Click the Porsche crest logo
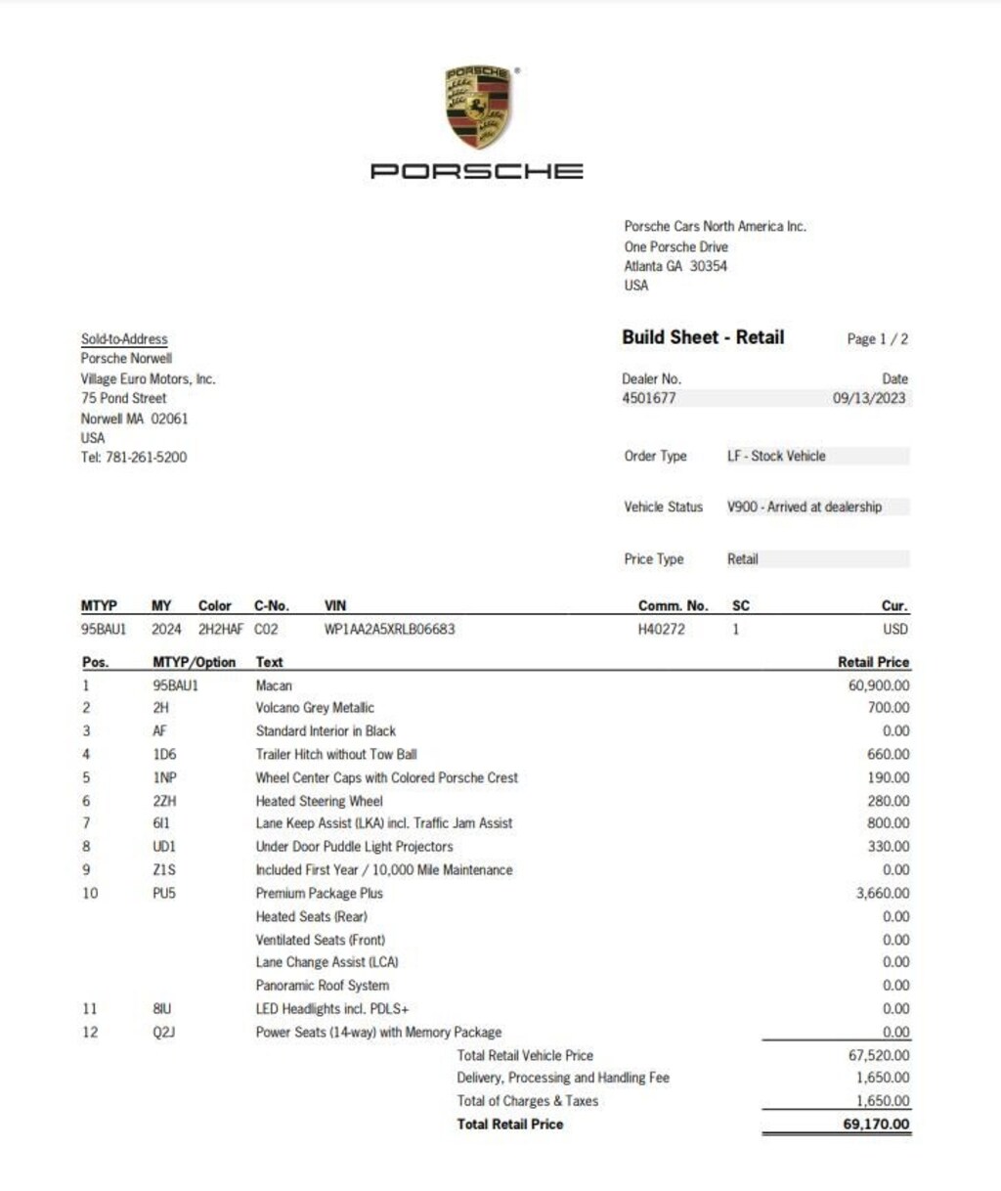[478, 108]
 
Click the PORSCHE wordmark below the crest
[477, 171]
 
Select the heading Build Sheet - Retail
[703, 337]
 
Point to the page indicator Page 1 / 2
[877, 339]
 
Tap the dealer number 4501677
[649, 398]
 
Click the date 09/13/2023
[869, 398]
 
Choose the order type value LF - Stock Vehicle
[776, 456]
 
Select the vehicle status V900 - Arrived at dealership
[804, 507]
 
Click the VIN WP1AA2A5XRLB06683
[389, 629]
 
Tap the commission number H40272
[662, 629]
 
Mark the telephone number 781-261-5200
[146, 457]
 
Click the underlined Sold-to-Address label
[124, 339]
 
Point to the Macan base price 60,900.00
[878, 685]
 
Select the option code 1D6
[164, 754]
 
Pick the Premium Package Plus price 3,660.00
[882, 893]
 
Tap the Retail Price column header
[873, 662]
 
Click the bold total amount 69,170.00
[876, 1124]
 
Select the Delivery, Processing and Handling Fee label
[563, 1078]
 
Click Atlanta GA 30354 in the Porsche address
[675, 266]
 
